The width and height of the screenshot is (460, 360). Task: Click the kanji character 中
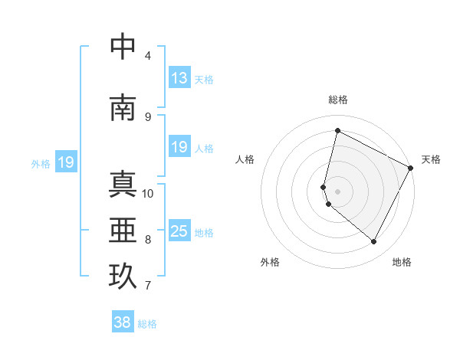pyautogui.click(x=123, y=46)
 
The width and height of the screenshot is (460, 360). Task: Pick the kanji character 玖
pyautogui.click(x=123, y=277)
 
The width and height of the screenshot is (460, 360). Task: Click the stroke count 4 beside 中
pyautogui.click(x=148, y=55)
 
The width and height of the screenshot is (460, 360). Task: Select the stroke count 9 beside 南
pyautogui.click(x=148, y=116)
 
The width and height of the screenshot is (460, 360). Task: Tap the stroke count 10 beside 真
pyautogui.click(x=148, y=193)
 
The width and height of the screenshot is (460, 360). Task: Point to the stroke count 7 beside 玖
pyautogui.click(x=148, y=286)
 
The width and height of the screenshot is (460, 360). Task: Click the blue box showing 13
pyautogui.click(x=179, y=77)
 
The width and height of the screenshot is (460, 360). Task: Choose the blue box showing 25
pyautogui.click(x=179, y=231)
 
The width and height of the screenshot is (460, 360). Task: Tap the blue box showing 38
pyautogui.click(x=122, y=322)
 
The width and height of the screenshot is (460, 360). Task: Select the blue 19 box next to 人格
pyautogui.click(x=179, y=147)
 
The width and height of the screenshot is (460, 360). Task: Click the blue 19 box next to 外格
pyautogui.click(x=66, y=162)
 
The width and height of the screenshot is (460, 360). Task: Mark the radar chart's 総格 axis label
pyautogui.click(x=338, y=100)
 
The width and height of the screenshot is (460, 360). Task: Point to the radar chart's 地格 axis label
pyautogui.click(x=402, y=262)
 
